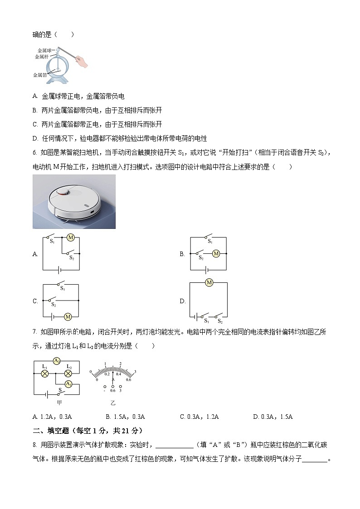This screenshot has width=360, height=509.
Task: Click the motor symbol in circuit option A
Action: (70, 237)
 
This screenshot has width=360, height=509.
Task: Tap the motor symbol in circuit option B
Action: (216, 254)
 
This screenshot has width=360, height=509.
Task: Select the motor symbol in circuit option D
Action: (209, 283)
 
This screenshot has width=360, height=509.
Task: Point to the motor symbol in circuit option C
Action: (68, 316)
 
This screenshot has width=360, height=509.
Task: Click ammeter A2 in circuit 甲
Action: (57, 361)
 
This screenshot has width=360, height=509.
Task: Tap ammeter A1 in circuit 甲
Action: (68, 384)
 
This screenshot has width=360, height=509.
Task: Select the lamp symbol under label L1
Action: (45, 374)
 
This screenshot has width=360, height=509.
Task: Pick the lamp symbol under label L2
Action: (68, 374)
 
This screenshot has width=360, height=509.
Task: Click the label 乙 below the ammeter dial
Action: (113, 402)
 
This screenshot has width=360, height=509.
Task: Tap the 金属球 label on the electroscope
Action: (45, 50)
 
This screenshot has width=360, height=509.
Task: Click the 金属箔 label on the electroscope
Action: (40, 75)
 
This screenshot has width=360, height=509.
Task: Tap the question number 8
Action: (35, 445)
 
